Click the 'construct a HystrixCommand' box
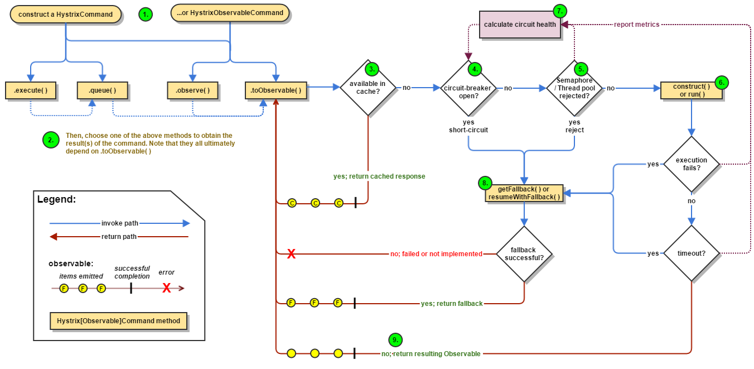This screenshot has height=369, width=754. (x=66, y=14)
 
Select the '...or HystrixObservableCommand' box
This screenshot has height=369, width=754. (x=230, y=13)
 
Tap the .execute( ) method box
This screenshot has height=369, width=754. (x=31, y=90)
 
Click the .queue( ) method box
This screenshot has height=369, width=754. (x=102, y=90)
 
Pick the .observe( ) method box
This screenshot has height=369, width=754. (x=192, y=90)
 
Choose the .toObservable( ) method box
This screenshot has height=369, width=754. (x=276, y=90)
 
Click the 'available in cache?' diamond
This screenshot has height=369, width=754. (x=368, y=88)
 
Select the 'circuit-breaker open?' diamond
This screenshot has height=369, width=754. (x=468, y=88)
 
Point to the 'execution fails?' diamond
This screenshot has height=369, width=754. (x=692, y=164)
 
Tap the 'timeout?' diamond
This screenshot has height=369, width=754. (x=692, y=253)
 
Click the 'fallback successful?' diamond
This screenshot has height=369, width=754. (x=524, y=254)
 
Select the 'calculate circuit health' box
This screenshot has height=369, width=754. (x=520, y=24)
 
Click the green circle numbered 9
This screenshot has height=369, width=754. (x=395, y=340)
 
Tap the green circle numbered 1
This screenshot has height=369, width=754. (x=146, y=15)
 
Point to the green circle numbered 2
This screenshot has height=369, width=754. (x=51, y=140)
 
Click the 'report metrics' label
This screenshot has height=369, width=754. (x=636, y=25)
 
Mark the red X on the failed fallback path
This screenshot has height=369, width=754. (x=292, y=254)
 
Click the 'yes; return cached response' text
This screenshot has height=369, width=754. (x=379, y=176)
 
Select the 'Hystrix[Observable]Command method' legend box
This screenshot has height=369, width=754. (x=118, y=321)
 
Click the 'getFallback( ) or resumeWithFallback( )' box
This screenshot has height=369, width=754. (x=524, y=193)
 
